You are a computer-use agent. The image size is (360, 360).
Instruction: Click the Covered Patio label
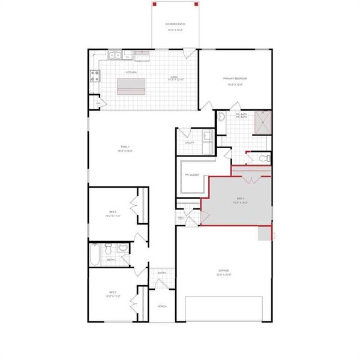tap(175, 25)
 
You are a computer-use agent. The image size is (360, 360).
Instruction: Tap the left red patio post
tap(154, 4)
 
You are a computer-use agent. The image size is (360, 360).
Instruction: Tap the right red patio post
tap(196, 4)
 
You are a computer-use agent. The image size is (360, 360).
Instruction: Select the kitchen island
tap(131, 90)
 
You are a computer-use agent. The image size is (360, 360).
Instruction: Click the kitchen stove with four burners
tap(94, 76)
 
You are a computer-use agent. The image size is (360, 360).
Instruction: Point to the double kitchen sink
tap(115, 56)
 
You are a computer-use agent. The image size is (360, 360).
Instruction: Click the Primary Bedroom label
tap(235, 79)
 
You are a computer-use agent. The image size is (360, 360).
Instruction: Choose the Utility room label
tap(189, 143)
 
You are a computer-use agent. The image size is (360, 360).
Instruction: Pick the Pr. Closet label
tap(191, 175)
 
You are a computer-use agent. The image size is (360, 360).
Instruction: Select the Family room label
tap(125, 147)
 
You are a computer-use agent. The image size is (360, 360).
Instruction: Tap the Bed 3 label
tap(112, 211)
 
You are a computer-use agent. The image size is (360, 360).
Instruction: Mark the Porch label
tap(162, 306)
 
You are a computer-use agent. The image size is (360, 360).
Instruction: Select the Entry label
tap(162, 273)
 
